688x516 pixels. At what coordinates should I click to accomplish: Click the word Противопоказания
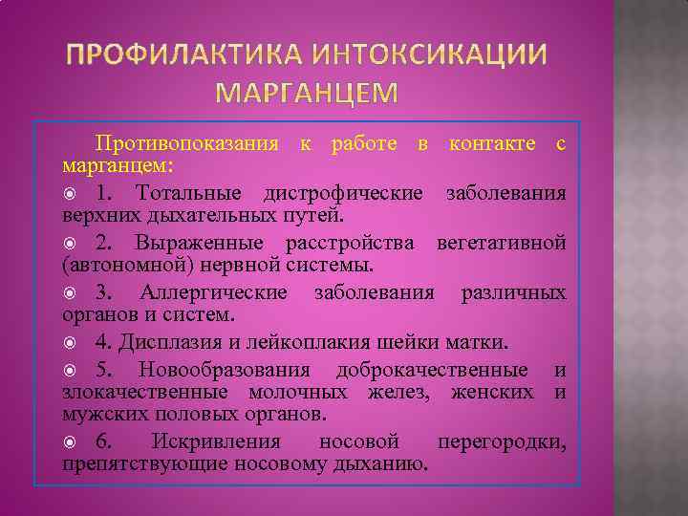point(186,144)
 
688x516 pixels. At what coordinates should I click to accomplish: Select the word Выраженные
point(192,243)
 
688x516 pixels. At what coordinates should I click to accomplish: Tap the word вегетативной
point(503,243)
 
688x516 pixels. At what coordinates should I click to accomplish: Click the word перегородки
point(501,441)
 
